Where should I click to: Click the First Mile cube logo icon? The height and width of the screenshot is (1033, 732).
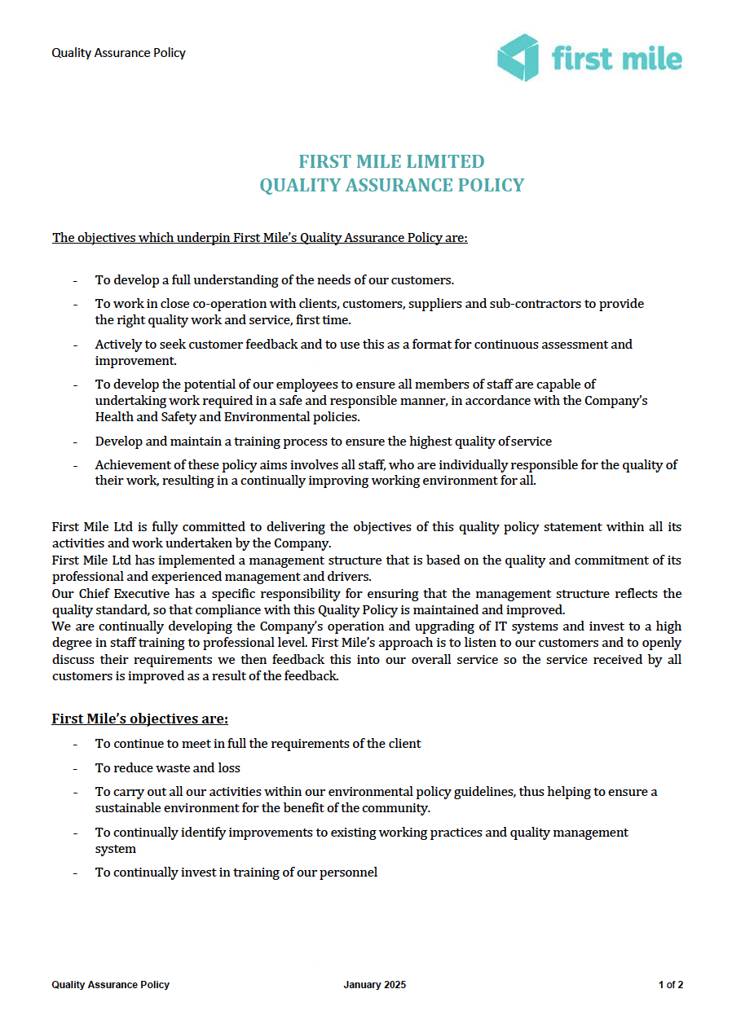click(x=518, y=58)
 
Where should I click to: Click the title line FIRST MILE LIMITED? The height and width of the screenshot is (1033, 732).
click(x=391, y=161)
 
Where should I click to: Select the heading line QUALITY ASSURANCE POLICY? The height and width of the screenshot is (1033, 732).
click(x=391, y=186)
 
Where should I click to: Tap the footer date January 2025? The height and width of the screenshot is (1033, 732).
click(x=374, y=985)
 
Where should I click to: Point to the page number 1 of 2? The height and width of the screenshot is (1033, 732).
click(x=670, y=985)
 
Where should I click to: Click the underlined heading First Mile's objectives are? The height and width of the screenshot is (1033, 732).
click(x=139, y=719)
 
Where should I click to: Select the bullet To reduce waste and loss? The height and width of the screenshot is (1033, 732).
click(x=167, y=768)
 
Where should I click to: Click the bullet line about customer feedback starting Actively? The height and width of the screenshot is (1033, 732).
click(x=363, y=345)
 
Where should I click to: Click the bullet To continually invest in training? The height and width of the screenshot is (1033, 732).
click(x=236, y=873)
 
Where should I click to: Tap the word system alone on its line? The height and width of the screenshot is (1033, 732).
click(x=115, y=849)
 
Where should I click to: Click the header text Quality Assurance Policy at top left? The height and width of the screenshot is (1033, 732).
click(x=118, y=53)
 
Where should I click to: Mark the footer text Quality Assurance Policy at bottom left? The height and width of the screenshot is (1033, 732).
click(x=110, y=985)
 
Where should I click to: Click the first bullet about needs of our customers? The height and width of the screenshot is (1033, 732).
click(x=274, y=280)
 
